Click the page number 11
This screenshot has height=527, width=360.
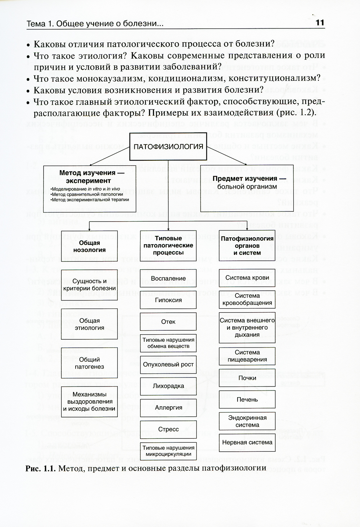pyautogui.click(x=320, y=23)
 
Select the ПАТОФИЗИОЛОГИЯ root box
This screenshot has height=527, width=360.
pyautogui.click(x=168, y=147)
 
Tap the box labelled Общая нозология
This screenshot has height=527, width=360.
pyautogui.click(x=89, y=246)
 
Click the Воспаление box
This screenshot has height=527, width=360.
pyautogui.click(x=168, y=278)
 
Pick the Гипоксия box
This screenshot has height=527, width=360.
pyautogui.click(x=168, y=300)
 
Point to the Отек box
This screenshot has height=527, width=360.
pyautogui.click(x=168, y=322)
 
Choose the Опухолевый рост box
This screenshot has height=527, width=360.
pyautogui.click(x=168, y=365)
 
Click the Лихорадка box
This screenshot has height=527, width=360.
pyautogui.click(x=168, y=386)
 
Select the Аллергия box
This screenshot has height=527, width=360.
pyautogui.click(x=168, y=408)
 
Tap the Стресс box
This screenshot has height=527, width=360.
pyautogui.click(x=168, y=429)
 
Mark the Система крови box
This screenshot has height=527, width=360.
pyautogui.click(x=247, y=278)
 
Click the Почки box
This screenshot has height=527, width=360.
pyautogui.click(x=247, y=378)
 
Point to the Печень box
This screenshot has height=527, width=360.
pyautogui.click(x=247, y=399)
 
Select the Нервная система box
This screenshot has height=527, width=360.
pyautogui.click(x=247, y=442)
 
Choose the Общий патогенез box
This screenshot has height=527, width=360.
pyautogui.click(x=89, y=363)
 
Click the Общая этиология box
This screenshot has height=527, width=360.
pyautogui.click(x=89, y=324)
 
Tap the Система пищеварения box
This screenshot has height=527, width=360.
pyautogui.click(x=247, y=356)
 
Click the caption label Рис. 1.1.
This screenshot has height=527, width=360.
pyautogui.click(x=40, y=468)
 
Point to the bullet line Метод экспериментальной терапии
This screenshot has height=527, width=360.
pyautogui.click(x=90, y=200)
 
